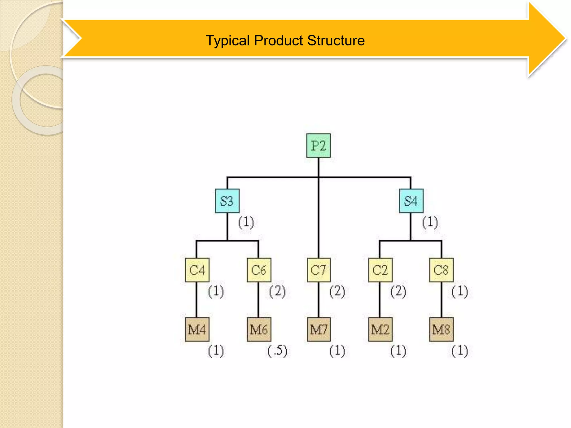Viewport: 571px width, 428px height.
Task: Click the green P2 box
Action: [318, 145]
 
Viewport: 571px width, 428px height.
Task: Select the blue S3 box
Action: [227, 201]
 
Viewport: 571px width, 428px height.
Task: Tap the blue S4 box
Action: [411, 201]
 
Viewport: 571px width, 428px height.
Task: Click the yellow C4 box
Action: [197, 270]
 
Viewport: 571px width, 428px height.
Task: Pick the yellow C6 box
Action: [259, 270]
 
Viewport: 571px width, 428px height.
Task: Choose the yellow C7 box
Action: [319, 270]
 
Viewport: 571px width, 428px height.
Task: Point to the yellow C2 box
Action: [380, 270]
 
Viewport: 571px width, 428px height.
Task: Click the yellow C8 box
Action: [441, 270]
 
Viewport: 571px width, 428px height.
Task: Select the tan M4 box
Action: [197, 329]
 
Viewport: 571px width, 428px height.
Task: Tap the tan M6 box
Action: [259, 329]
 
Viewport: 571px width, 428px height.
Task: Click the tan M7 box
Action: [319, 329]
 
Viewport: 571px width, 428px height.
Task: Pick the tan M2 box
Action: [380, 329]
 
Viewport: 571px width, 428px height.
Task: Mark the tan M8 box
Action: [441, 329]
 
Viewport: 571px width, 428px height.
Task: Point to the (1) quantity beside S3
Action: [246, 222]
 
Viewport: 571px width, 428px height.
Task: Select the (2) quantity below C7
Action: [337, 291]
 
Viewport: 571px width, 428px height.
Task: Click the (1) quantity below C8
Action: [459, 291]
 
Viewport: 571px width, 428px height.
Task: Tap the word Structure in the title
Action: [336, 40]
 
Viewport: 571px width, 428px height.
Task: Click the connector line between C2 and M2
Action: [379, 300]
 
